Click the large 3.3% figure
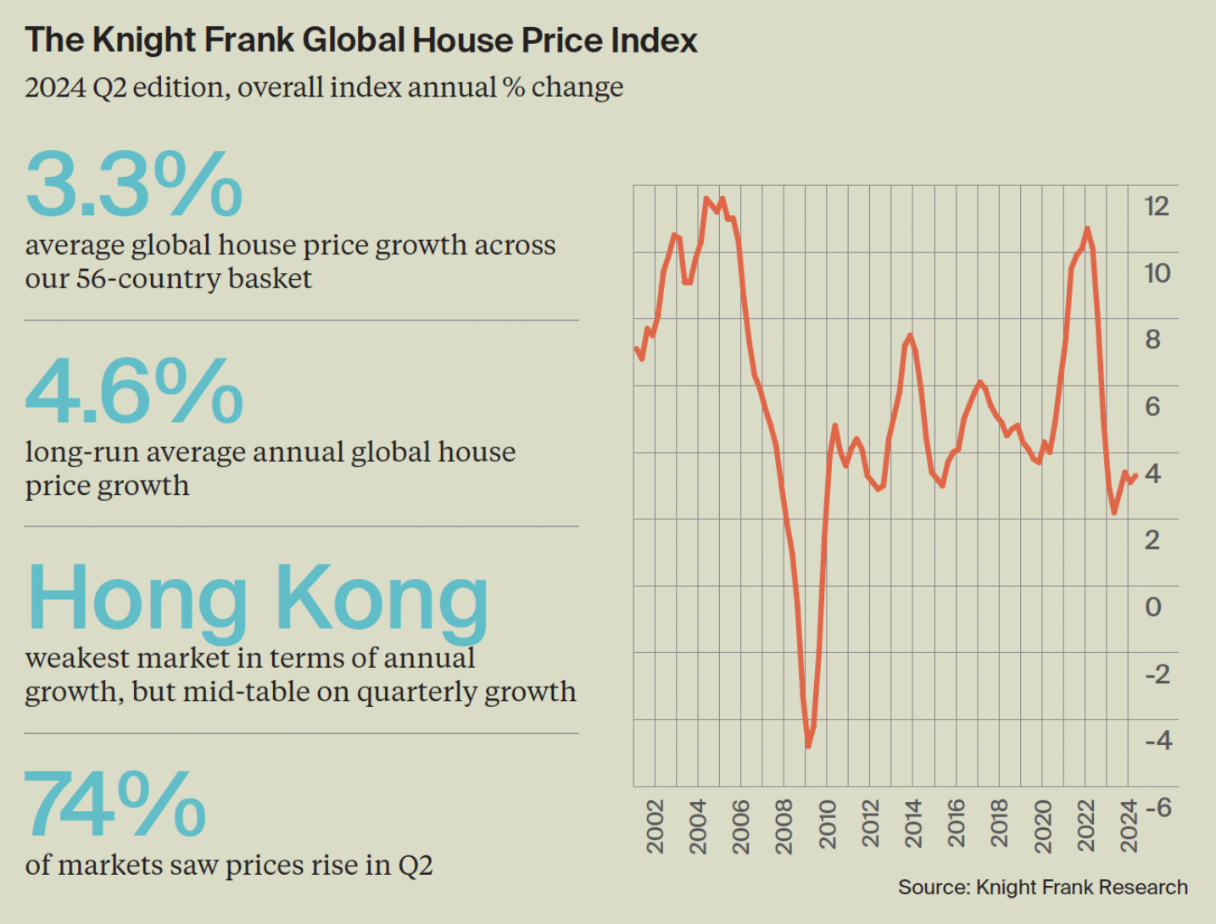(x=134, y=184)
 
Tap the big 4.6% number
(x=134, y=391)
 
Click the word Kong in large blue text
(x=382, y=598)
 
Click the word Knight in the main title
(x=150, y=41)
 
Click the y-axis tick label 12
(x=1157, y=206)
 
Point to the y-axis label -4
(x=1157, y=740)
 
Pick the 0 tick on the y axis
(x=1153, y=607)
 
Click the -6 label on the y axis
(x=1157, y=807)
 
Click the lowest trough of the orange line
(x=808, y=746)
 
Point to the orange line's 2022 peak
(x=1087, y=228)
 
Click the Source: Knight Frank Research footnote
(x=1042, y=888)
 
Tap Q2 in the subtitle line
(x=109, y=87)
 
